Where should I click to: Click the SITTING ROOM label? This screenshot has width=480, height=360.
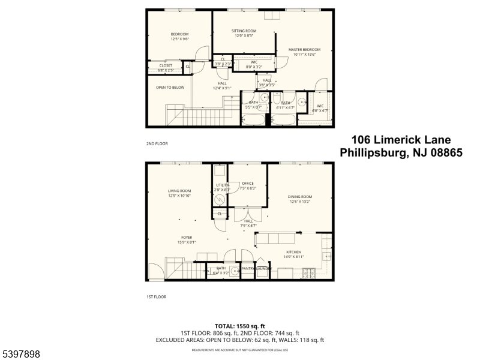tap(244, 31)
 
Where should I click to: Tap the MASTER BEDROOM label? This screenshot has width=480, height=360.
tap(304, 50)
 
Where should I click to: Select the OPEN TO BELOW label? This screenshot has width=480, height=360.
tap(170, 88)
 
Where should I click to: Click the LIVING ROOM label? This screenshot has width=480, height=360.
tap(179, 191)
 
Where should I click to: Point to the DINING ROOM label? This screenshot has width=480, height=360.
tap(300, 197)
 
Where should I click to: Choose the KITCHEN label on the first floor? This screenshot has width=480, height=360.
tap(293, 252)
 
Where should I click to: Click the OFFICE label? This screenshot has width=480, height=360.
tap(248, 184)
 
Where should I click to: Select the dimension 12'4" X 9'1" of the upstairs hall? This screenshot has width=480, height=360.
tap(222, 88)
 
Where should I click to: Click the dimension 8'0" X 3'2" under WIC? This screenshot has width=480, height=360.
tap(254, 67)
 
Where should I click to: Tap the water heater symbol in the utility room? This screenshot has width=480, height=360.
tap(220, 199)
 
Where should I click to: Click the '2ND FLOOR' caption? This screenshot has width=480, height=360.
tap(157, 144)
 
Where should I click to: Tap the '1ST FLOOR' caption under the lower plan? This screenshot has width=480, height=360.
tap(157, 296)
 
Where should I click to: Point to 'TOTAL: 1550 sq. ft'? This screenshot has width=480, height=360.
tap(240, 325)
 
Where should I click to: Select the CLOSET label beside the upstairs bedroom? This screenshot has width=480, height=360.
tap(166, 65)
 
